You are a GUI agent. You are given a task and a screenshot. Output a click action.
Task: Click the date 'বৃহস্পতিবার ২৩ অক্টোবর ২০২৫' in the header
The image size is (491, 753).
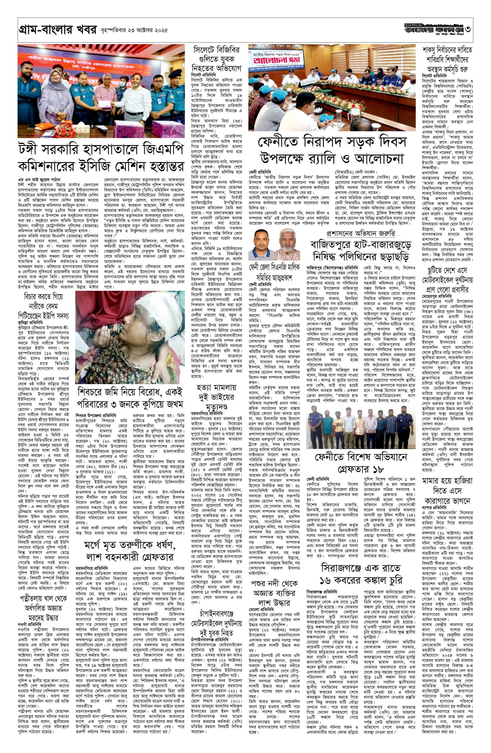point(133,31)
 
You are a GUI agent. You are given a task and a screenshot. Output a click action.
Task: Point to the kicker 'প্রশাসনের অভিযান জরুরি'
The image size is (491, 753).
point(361,234)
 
